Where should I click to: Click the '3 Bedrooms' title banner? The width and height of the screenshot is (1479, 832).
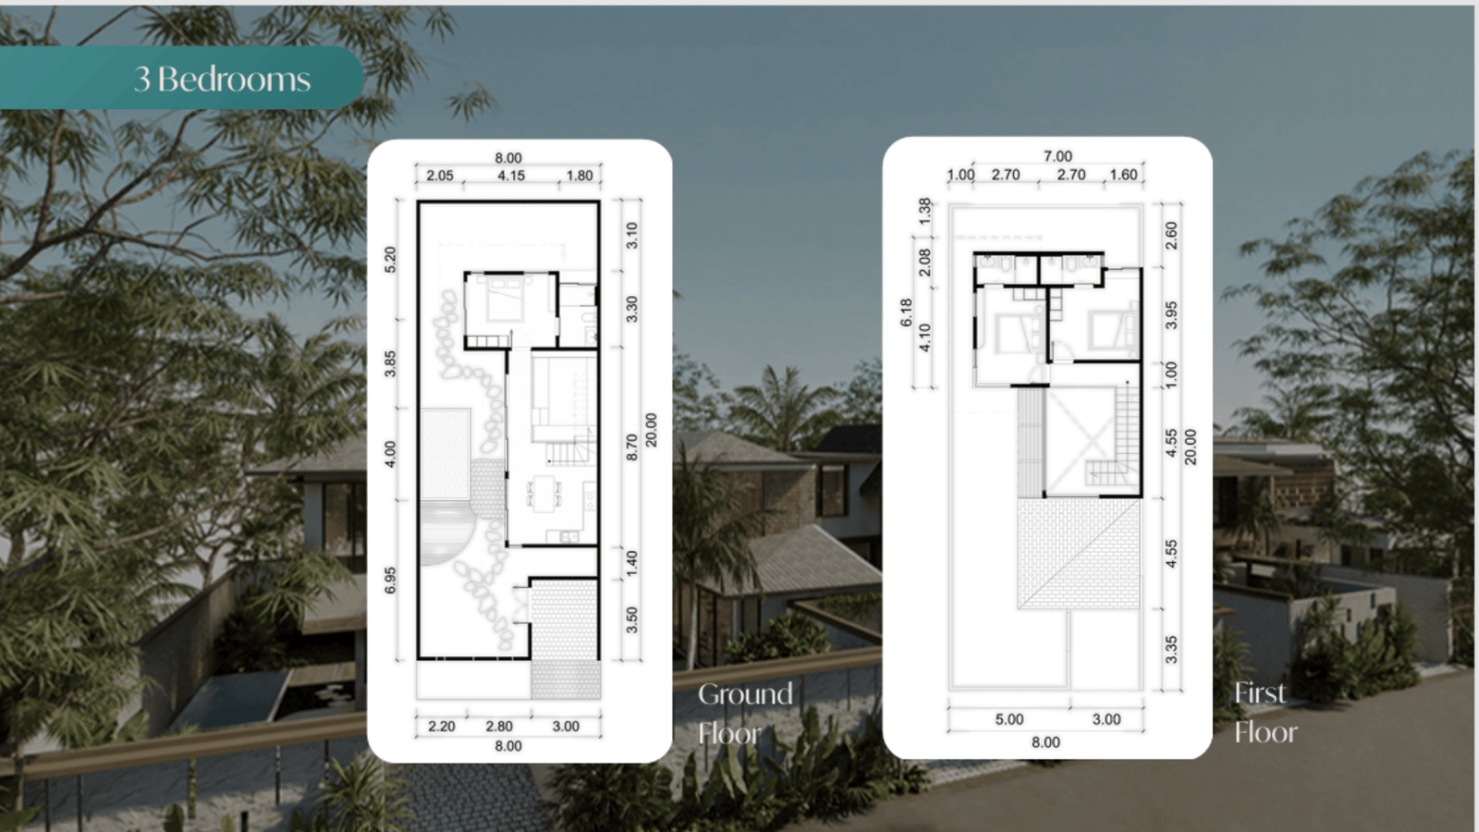tap(181, 78)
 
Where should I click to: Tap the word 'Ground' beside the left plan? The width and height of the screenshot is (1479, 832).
tap(745, 694)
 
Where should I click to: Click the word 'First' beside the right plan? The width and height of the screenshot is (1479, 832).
tap(1260, 692)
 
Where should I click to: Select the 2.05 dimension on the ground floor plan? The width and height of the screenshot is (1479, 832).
tap(440, 176)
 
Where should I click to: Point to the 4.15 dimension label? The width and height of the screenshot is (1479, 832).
tap(511, 176)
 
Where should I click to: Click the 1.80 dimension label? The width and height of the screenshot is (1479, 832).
tap(580, 176)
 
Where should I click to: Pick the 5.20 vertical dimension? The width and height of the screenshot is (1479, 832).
tap(390, 260)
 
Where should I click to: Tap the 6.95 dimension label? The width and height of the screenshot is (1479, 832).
tap(390, 580)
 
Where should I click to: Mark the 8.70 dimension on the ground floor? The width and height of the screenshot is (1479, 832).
tap(632, 447)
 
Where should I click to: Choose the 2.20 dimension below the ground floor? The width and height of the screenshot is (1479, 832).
tap(442, 727)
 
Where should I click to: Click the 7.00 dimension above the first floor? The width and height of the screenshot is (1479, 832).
tap(1057, 156)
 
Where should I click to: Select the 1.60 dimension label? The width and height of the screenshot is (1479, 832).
tap(1124, 175)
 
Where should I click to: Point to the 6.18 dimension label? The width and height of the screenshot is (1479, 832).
tap(906, 312)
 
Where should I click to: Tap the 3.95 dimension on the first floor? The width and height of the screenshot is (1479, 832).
tap(1170, 315)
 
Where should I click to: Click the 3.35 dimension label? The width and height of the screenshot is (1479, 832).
tap(1170, 650)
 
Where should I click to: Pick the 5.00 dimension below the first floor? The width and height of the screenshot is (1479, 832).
tap(1009, 720)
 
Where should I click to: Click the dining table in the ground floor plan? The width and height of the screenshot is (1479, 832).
tap(544, 494)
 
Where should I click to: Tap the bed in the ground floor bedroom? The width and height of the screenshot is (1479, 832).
tap(506, 300)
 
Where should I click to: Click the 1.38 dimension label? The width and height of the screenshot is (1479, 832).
tap(925, 211)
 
